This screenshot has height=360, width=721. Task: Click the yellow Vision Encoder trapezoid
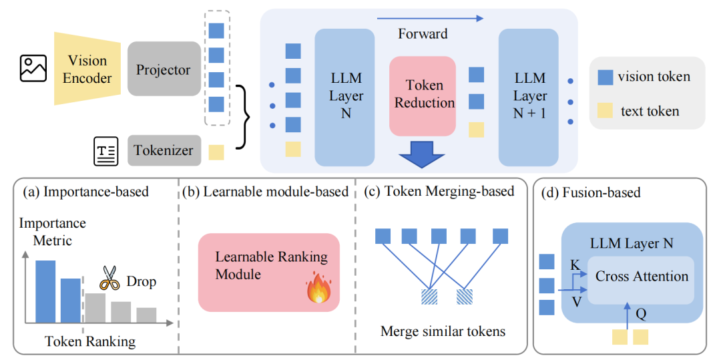click(x=87, y=69)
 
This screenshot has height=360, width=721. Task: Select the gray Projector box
click(x=164, y=69)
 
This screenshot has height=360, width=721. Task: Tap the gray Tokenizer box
click(x=164, y=150)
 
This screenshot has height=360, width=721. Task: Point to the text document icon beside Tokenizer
click(x=105, y=151)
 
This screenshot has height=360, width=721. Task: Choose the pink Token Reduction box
click(x=424, y=94)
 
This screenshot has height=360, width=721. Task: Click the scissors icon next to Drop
click(x=109, y=279)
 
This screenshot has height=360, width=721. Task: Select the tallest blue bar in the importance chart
click(x=45, y=291)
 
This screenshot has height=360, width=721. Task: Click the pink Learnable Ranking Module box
click(x=268, y=271)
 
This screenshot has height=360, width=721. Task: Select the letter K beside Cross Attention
click(x=575, y=265)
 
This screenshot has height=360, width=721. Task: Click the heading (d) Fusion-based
click(x=593, y=193)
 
